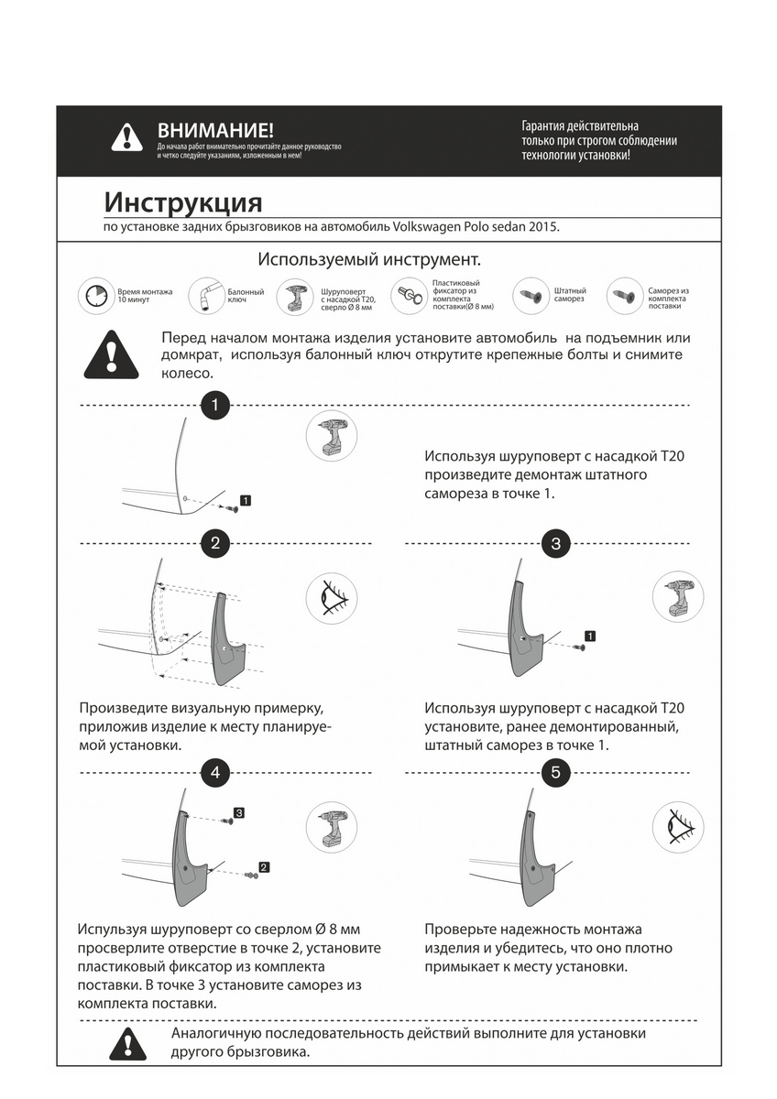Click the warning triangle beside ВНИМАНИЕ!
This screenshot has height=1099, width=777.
[x=126, y=137]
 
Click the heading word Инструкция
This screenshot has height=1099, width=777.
[x=182, y=201]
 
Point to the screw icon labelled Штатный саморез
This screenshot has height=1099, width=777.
[x=530, y=296]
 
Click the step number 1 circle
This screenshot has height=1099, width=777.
[x=214, y=404]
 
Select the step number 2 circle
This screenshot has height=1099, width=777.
[x=214, y=543]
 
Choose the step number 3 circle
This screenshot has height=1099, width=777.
[x=556, y=543]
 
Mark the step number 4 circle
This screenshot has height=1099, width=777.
[x=214, y=772]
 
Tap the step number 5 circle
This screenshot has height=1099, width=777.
[x=556, y=772]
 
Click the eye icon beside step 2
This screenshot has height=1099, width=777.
[x=331, y=600]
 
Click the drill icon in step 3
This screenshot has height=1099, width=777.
[x=678, y=600]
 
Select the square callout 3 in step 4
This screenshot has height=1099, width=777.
[x=239, y=812]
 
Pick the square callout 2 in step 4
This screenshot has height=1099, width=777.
[x=264, y=866]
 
